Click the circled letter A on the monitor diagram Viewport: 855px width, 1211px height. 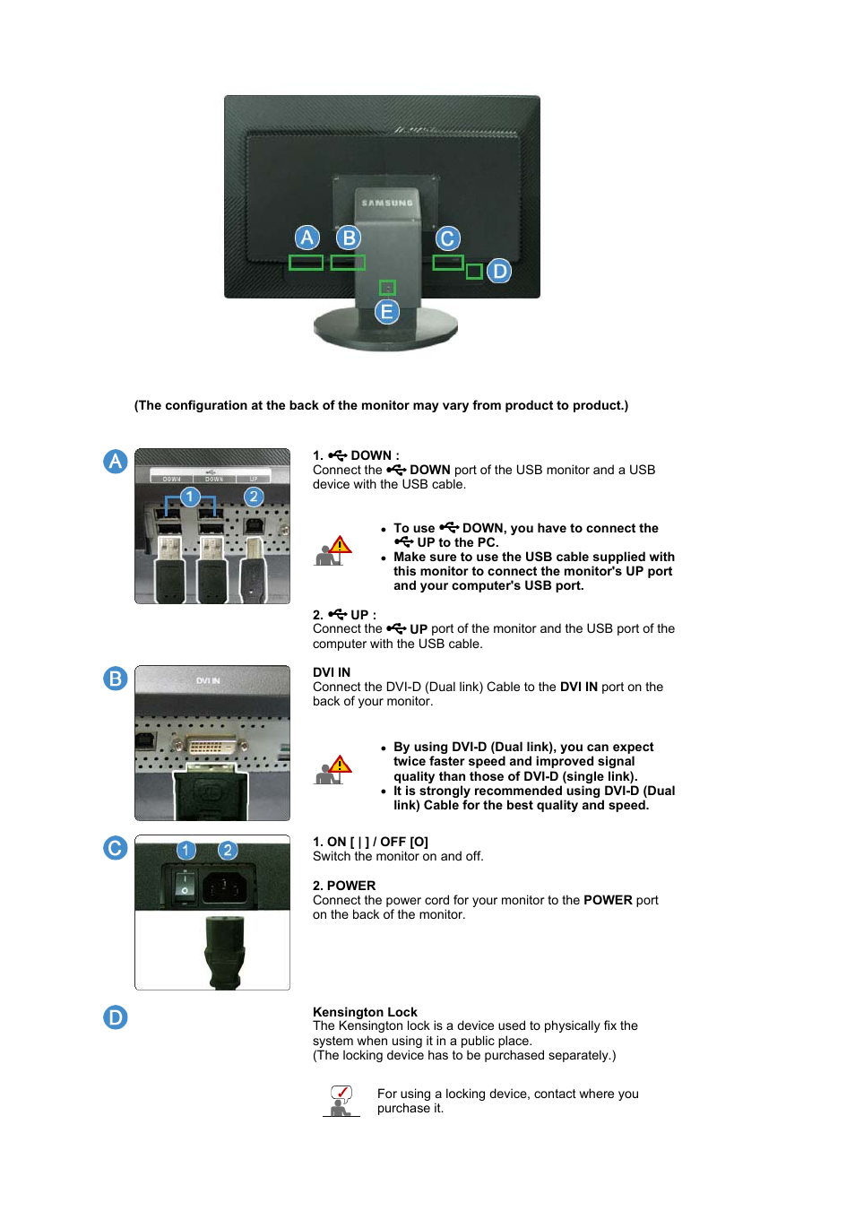pyautogui.click(x=307, y=238)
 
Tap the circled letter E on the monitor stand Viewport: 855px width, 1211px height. pyautogui.click(x=387, y=312)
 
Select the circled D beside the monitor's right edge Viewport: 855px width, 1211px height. pyautogui.click(x=499, y=271)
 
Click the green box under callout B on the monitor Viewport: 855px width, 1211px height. pyautogui.click(x=348, y=263)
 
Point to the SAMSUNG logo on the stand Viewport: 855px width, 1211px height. pyautogui.click(x=387, y=203)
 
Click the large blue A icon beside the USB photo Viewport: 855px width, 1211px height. pyautogui.click(x=116, y=462)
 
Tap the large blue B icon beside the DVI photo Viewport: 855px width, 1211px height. pyautogui.click(x=116, y=679)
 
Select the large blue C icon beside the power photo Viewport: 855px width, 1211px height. pyautogui.click(x=116, y=848)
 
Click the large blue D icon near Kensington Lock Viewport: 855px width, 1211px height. pyautogui.click(x=116, y=1017)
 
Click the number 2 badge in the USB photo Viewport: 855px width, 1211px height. pyautogui.click(x=254, y=497)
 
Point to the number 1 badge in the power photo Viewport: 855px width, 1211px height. pyautogui.click(x=186, y=850)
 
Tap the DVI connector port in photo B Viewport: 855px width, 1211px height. pyautogui.click(x=212, y=746)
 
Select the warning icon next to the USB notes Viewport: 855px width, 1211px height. pyautogui.click(x=332, y=550)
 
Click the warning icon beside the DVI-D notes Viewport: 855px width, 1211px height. pyautogui.click(x=332, y=770)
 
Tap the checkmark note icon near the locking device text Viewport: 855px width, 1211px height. pyautogui.click(x=341, y=1100)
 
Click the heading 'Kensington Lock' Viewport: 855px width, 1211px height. pyautogui.click(x=365, y=1012)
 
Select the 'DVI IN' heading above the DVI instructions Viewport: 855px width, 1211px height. pyautogui.click(x=332, y=672)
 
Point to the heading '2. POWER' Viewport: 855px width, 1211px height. pyautogui.click(x=344, y=886)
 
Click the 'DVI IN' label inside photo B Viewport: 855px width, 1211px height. pyautogui.click(x=208, y=681)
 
